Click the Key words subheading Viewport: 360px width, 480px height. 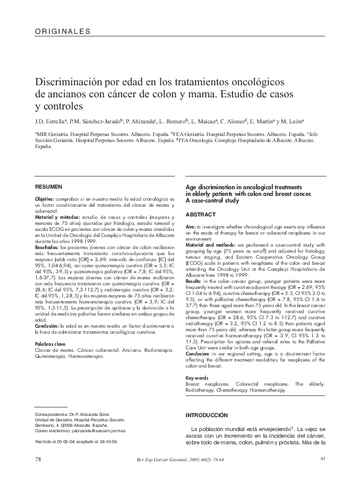coord(197,378)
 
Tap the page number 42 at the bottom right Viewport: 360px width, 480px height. coord(323,459)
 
